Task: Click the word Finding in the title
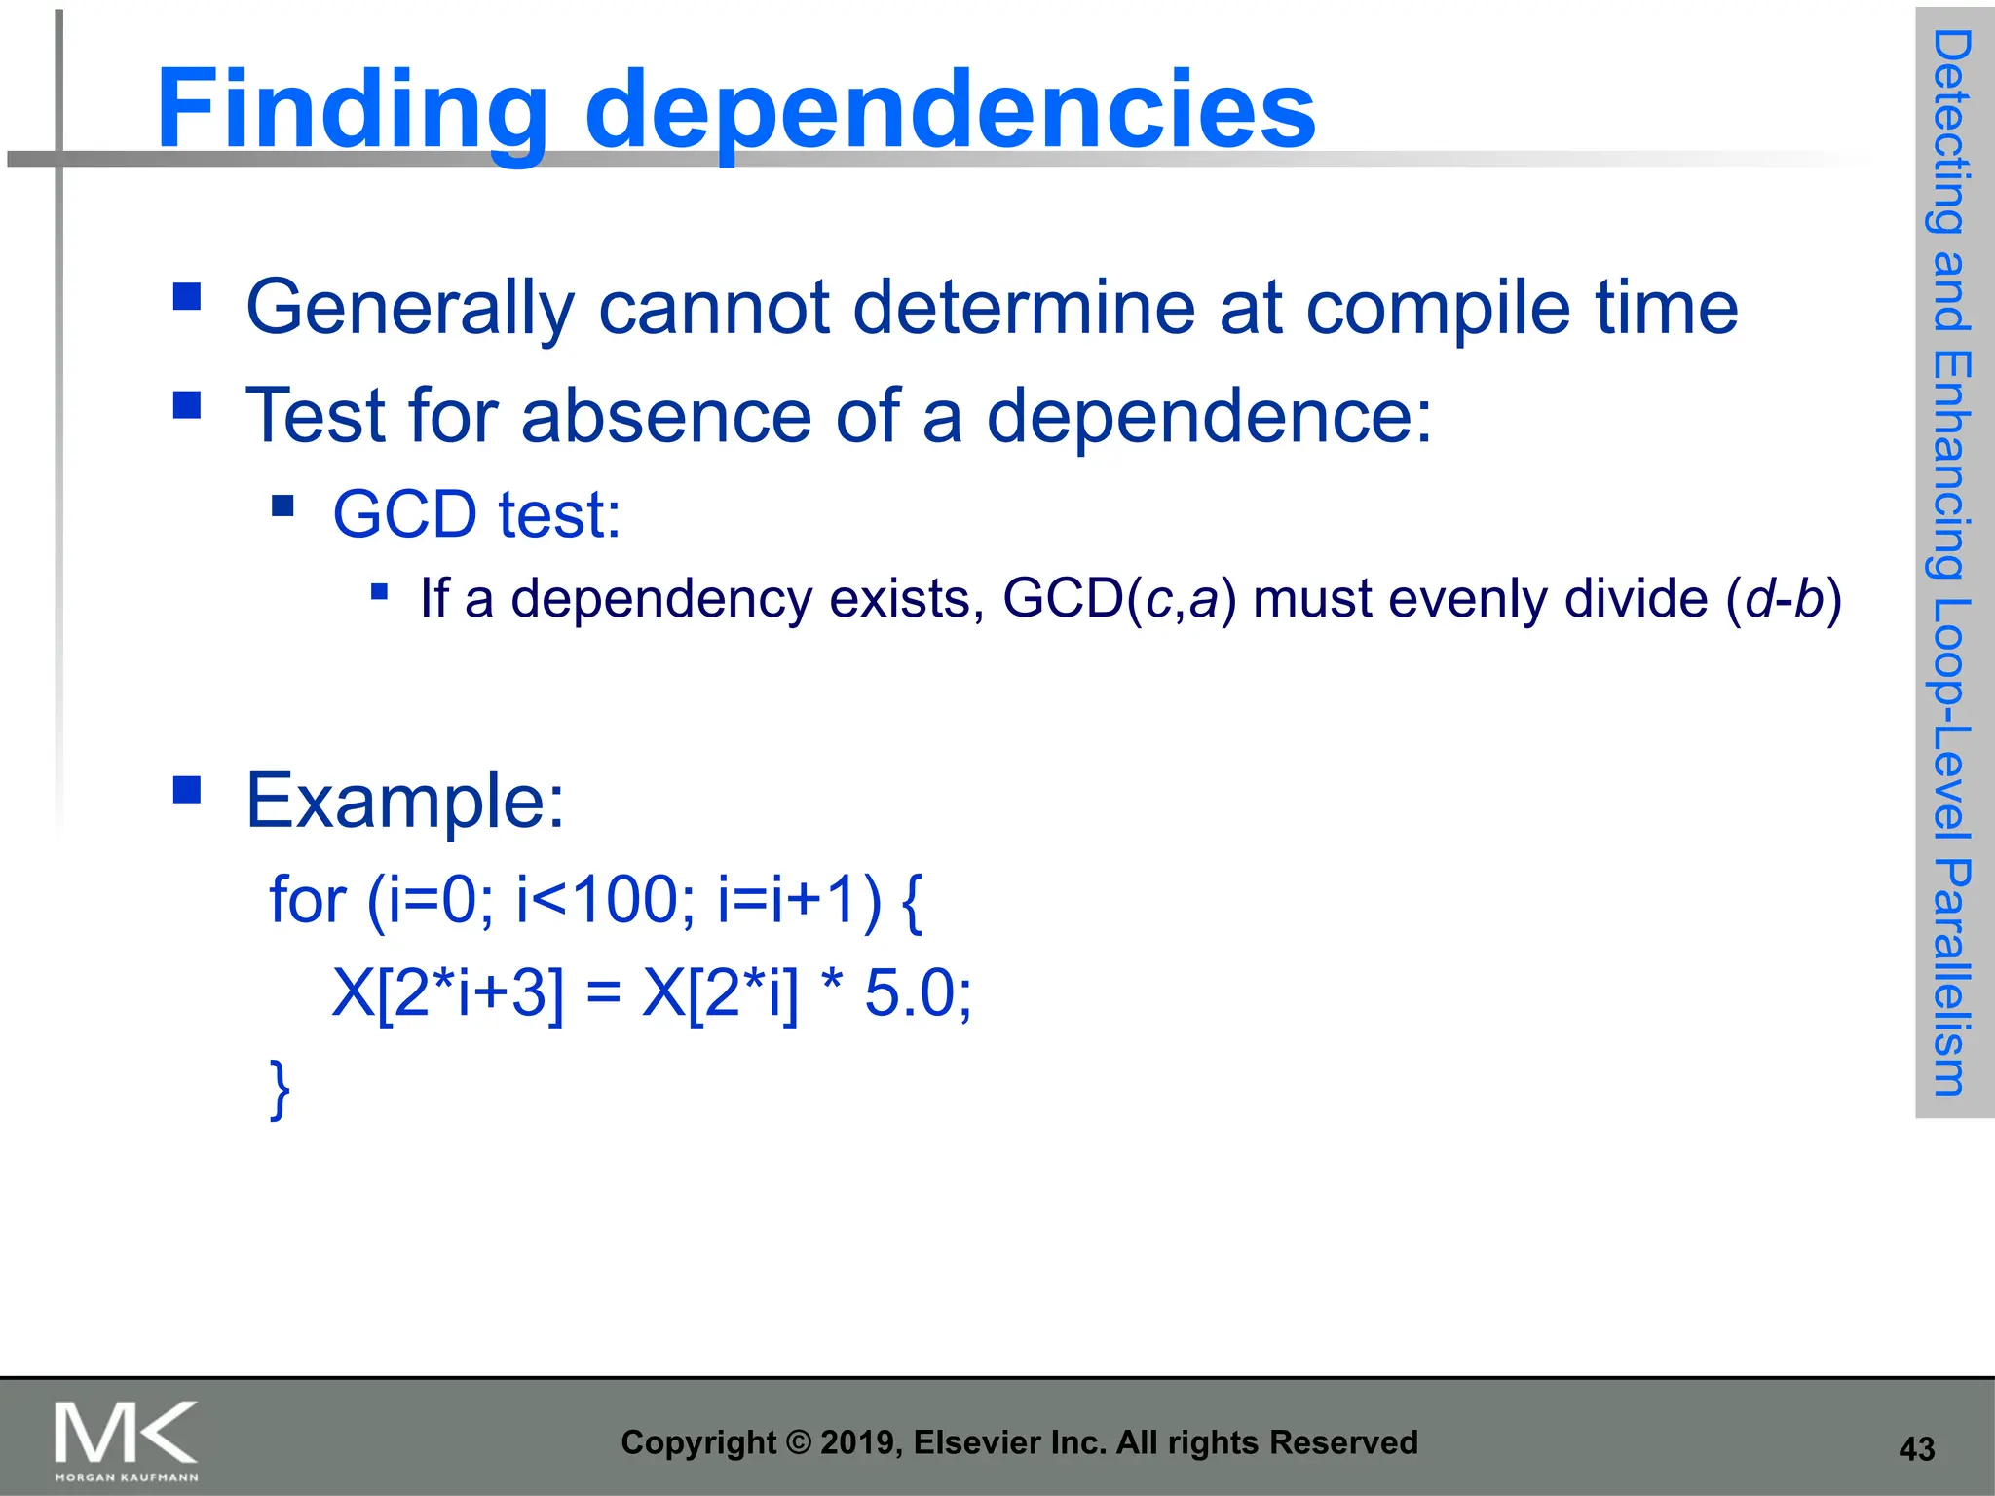(351, 109)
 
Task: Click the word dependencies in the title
(950, 109)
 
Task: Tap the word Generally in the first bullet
(410, 308)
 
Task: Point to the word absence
(666, 416)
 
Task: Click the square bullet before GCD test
(283, 505)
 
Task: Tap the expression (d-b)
(1784, 598)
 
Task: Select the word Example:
(405, 801)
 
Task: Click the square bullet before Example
(186, 789)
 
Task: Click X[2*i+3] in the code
(448, 994)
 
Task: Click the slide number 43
(1916, 1449)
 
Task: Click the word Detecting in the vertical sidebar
(1952, 131)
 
